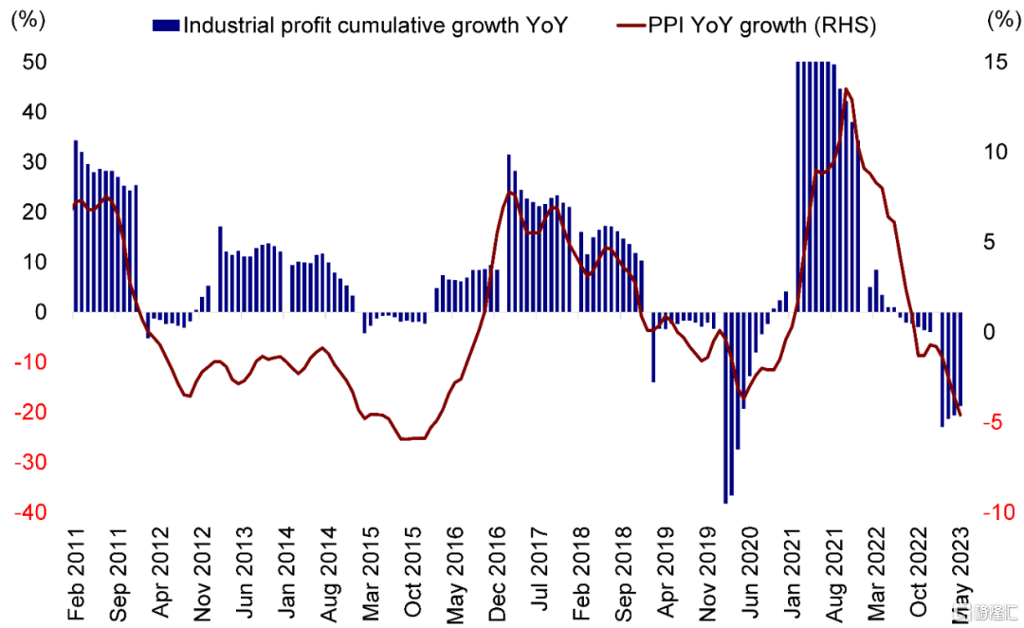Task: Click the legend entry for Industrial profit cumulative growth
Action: tap(360, 26)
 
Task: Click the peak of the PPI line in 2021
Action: tap(846, 90)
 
